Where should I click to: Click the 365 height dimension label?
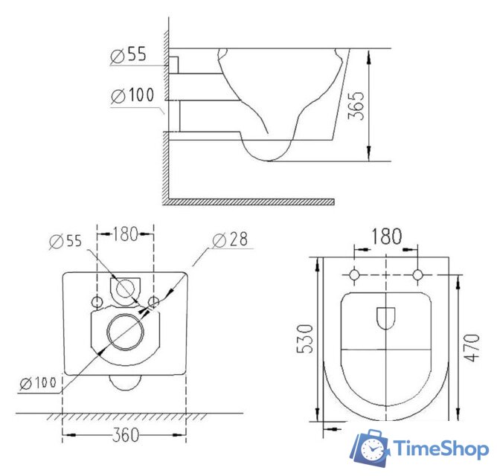pos(356,106)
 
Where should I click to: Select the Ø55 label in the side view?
pos(129,54)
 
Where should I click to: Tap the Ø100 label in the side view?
pos(132,95)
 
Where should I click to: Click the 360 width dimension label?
pos(126,434)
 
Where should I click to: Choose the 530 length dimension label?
pos(304,338)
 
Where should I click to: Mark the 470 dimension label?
pos(472,347)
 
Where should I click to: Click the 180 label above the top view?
pos(386,236)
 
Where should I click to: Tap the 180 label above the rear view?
pos(126,234)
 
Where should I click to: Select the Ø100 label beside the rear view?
pos(38,382)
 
